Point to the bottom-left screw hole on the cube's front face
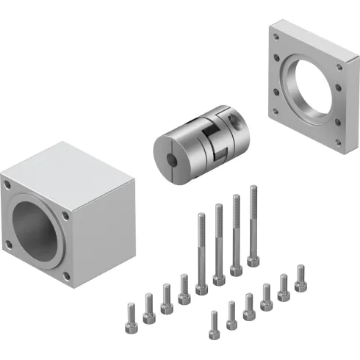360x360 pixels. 9,243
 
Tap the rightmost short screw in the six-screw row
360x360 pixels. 300,277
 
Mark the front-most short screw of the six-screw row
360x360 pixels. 214,325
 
